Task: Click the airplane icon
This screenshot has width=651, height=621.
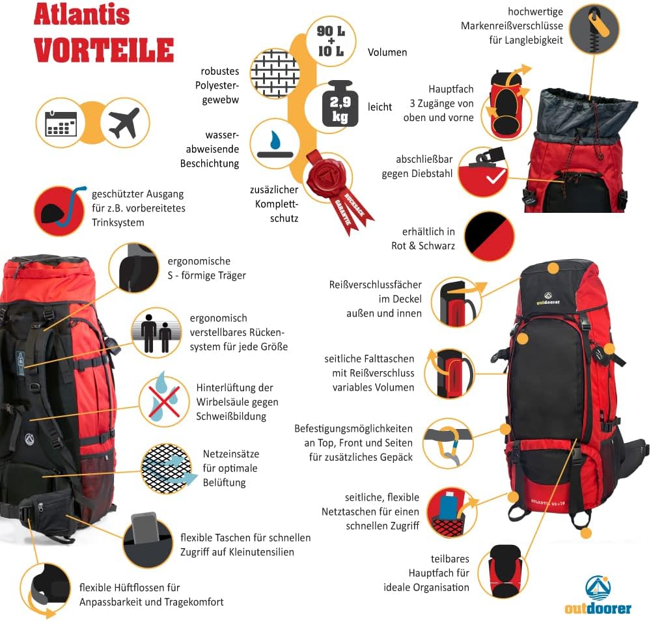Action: click(x=124, y=123)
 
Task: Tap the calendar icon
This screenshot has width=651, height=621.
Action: click(x=61, y=123)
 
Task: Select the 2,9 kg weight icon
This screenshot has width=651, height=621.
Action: click(x=340, y=103)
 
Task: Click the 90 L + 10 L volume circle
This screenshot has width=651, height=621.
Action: click(x=331, y=41)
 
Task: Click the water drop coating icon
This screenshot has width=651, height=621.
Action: click(x=275, y=144)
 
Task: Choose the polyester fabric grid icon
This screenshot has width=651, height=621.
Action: click(x=275, y=74)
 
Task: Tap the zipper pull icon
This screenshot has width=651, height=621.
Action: click(x=594, y=29)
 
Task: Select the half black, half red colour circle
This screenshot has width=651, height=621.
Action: click(x=489, y=236)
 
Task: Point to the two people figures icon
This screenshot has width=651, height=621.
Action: click(x=156, y=333)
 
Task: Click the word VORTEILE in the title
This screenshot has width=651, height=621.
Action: click(x=104, y=50)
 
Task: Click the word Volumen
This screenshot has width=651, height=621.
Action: click(x=387, y=52)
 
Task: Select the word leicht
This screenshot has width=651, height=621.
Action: click(x=380, y=107)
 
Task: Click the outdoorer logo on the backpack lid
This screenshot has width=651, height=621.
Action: click(x=547, y=299)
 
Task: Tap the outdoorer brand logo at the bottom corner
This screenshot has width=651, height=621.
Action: click(x=598, y=595)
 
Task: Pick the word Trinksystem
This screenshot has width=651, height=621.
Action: click(x=118, y=223)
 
